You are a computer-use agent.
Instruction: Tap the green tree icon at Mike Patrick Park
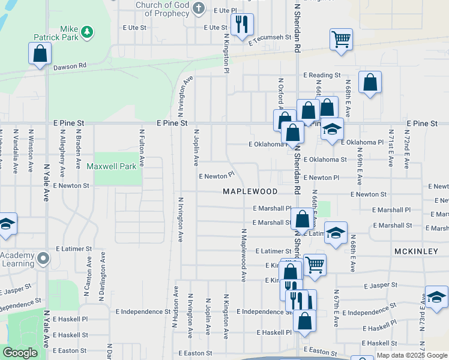click(87, 31)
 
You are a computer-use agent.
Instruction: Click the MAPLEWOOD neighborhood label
click(250, 191)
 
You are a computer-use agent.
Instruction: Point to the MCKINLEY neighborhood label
click(416, 251)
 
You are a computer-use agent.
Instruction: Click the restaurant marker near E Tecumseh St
click(242, 25)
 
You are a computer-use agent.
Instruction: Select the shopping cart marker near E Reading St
click(341, 40)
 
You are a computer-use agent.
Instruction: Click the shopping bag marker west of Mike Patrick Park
click(40, 53)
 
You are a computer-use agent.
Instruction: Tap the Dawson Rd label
click(70, 66)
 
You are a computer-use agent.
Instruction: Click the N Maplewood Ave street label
click(244, 254)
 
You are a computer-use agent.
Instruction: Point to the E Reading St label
click(322, 75)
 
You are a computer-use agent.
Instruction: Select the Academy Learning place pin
click(43, 259)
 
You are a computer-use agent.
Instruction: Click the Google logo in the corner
click(20, 353)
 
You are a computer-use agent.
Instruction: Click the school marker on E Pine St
click(331, 129)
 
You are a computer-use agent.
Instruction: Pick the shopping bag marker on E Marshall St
click(303, 220)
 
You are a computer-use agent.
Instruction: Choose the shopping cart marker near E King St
click(314, 264)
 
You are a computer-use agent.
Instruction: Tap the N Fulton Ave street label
click(142, 148)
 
